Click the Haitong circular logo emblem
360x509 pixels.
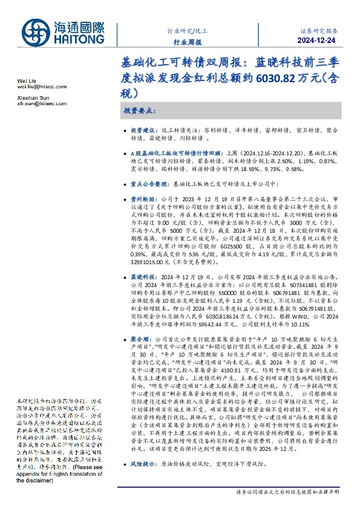[x=38, y=32]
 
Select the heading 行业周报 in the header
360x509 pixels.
[x=187, y=42]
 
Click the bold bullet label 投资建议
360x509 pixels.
[x=144, y=130]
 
